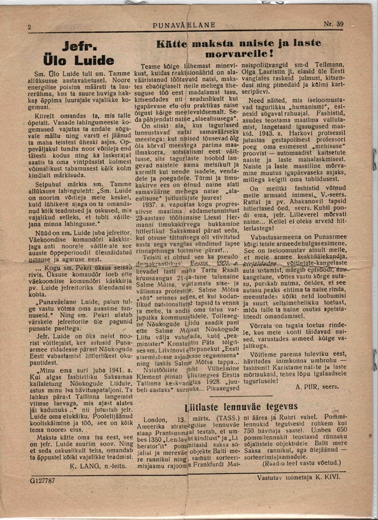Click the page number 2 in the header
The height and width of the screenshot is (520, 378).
pyautogui.click(x=29, y=26)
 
